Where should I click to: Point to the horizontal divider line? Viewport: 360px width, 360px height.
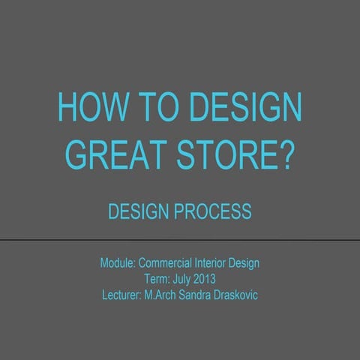pos(180,240)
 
